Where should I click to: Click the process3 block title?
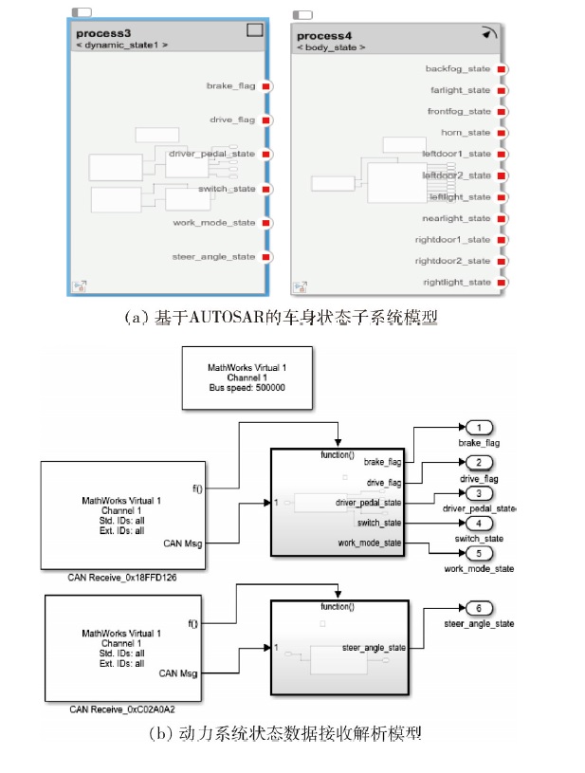pos(103,32)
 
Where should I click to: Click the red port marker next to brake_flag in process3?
pos(266,86)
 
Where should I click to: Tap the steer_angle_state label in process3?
pos(213,257)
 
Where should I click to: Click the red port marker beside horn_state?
pos(502,133)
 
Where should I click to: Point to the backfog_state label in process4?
pos(458,69)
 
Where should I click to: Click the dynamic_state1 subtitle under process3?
pos(122,45)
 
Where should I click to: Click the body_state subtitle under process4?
pos(331,46)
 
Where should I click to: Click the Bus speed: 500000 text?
pos(247,387)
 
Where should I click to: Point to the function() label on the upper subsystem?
pos(338,455)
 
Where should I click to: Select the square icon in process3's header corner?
pos(254,30)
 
